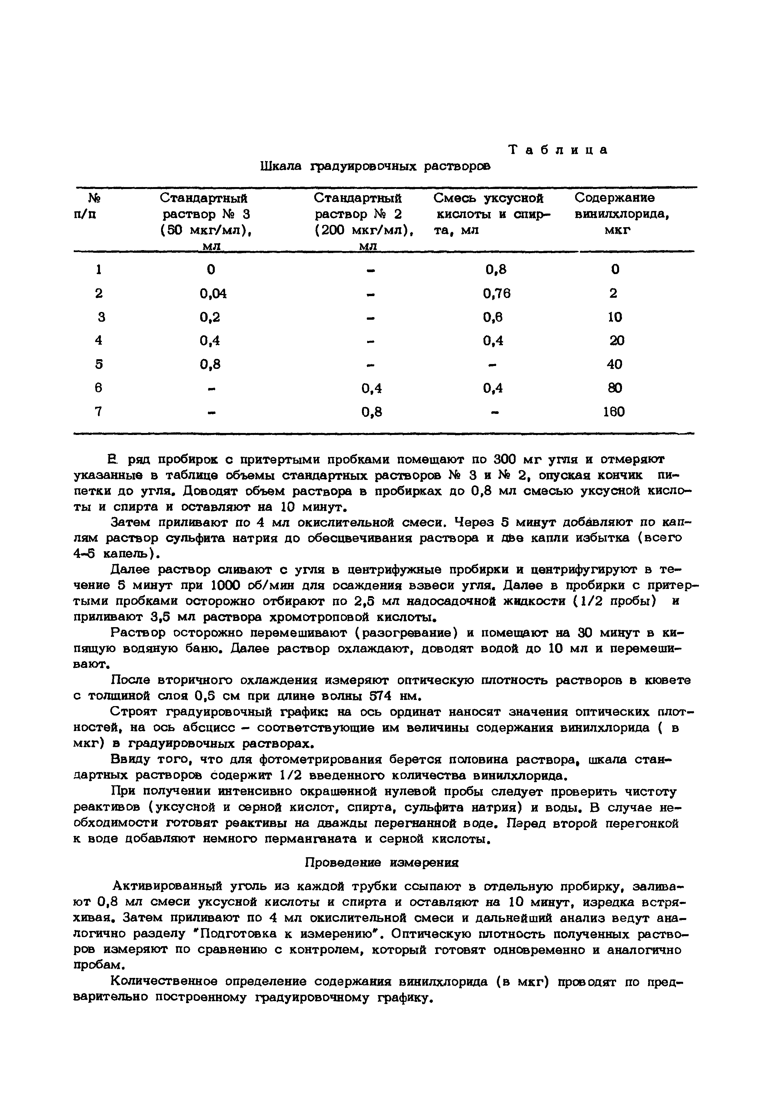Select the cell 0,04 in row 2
pos(213,293)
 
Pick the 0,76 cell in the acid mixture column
pos(497,293)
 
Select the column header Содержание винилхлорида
pos(621,206)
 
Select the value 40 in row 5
pos(615,364)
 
